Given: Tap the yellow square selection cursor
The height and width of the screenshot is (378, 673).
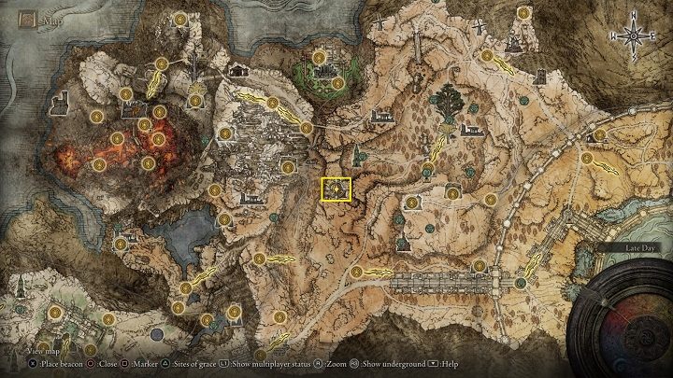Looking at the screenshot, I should pos(335,189).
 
